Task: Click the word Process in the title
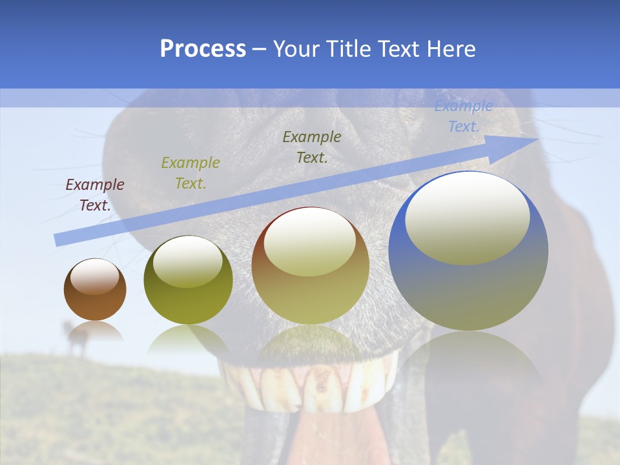coord(203,49)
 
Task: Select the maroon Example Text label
coord(95,195)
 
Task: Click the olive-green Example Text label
coord(191,173)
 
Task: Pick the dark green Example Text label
coord(312,147)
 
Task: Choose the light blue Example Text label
coord(464,116)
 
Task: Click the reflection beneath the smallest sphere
coord(95,332)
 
